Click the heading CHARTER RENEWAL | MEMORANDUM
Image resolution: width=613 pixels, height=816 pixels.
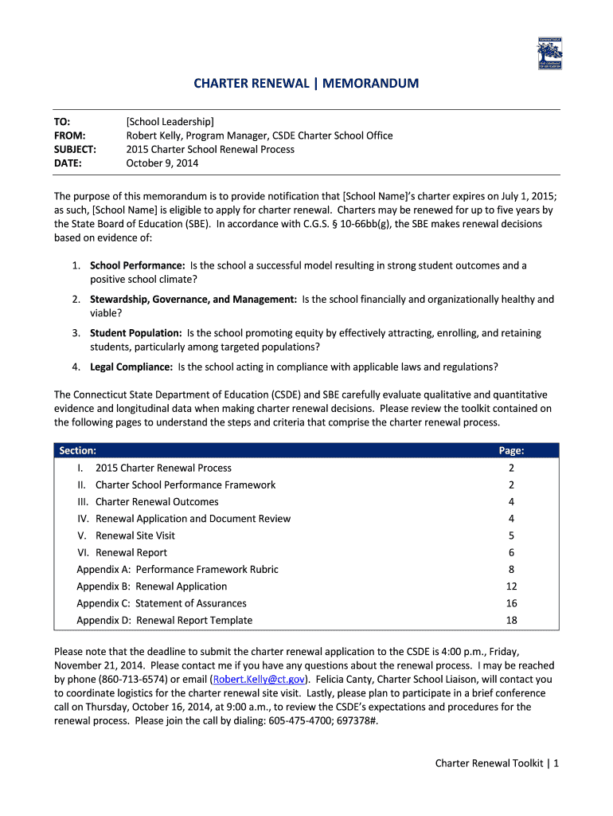[x=306, y=83]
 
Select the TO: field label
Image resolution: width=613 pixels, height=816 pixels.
[x=62, y=121]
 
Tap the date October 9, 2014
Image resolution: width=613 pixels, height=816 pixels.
[x=162, y=163]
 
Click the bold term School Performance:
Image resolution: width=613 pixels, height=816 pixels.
[x=137, y=265]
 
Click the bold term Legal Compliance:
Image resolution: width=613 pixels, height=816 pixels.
[x=131, y=367]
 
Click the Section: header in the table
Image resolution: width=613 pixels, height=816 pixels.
[x=78, y=450]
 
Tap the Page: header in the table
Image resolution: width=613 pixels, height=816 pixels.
[x=511, y=450]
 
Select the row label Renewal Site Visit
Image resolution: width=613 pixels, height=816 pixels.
[x=135, y=535]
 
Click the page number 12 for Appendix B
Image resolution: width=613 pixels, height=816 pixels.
[x=511, y=586]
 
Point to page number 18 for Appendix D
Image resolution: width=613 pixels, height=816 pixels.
[x=511, y=620]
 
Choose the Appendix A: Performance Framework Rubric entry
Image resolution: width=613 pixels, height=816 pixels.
[x=178, y=569]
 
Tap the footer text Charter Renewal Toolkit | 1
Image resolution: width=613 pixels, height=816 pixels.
[x=498, y=763]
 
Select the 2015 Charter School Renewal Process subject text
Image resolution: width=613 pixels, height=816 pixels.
[x=210, y=149]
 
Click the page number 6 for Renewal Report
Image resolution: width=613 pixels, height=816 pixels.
[x=511, y=552]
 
